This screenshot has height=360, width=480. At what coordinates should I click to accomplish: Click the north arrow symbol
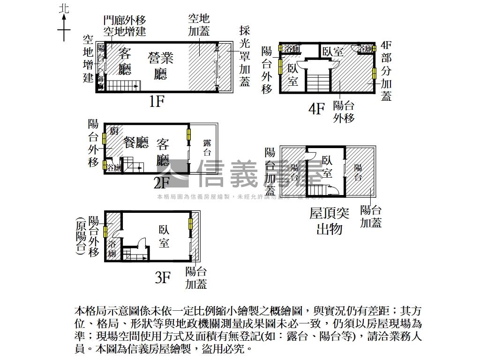[64, 26]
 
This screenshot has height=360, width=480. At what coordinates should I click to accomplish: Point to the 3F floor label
[162, 278]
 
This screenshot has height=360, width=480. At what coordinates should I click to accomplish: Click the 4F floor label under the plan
[316, 109]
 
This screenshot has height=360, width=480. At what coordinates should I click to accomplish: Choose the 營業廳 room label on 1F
[161, 66]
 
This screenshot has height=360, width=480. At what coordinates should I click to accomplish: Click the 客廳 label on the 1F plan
[125, 61]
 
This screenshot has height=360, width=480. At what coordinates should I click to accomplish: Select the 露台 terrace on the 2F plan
[207, 148]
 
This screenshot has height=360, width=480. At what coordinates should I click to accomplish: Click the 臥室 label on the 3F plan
[164, 237]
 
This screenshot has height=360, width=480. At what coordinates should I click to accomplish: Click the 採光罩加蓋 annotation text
[245, 56]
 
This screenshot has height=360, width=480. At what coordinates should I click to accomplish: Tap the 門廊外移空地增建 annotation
[125, 26]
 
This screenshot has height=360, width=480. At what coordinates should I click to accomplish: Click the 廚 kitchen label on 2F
[114, 131]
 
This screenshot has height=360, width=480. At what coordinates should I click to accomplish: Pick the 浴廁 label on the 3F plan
[112, 248]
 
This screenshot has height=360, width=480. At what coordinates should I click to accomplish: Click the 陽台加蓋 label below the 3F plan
[196, 277]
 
